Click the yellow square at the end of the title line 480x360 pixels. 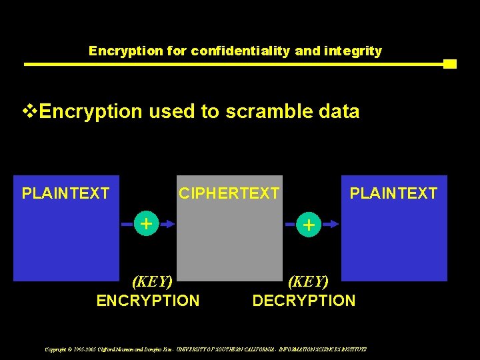(449, 64)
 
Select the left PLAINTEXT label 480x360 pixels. (65, 194)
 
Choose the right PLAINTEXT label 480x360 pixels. (393, 194)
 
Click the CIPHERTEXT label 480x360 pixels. (229, 194)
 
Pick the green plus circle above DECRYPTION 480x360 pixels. (309, 225)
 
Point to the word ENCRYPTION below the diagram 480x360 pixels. (148, 301)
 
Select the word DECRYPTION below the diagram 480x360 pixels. (304, 301)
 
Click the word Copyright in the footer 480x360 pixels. (57, 349)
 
